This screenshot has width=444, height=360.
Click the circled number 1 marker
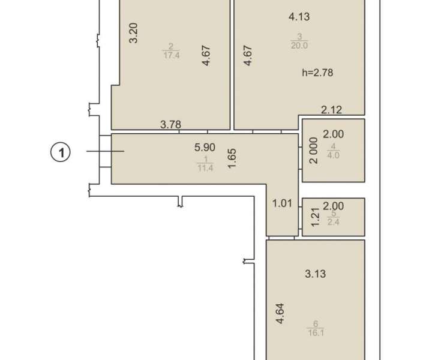(x=61, y=152)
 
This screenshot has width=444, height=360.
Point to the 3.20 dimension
(x=133, y=33)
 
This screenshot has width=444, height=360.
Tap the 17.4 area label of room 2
(x=172, y=55)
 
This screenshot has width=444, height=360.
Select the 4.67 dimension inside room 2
(x=207, y=56)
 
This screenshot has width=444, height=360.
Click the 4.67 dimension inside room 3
(x=248, y=56)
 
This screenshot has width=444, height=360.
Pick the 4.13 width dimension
(x=299, y=17)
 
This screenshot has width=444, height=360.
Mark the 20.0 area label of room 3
(x=299, y=46)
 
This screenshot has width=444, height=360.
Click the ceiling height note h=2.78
(x=317, y=73)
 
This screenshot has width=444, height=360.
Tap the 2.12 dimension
(x=331, y=110)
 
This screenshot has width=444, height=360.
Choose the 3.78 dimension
(x=170, y=124)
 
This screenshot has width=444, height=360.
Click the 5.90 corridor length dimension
(x=205, y=147)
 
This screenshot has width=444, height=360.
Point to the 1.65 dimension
(x=232, y=158)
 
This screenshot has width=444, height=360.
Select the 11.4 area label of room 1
(x=205, y=168)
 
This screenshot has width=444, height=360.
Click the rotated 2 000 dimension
(x=314, y=151)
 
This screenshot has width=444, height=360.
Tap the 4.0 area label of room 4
(x=333, y=155)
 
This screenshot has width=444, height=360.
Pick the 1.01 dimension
(x=282, y=203)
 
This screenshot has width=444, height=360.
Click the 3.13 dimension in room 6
(x=316, y=274)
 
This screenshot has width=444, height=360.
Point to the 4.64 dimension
(x=280, y=314)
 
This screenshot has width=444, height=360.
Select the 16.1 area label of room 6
(x=316, y=332)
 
